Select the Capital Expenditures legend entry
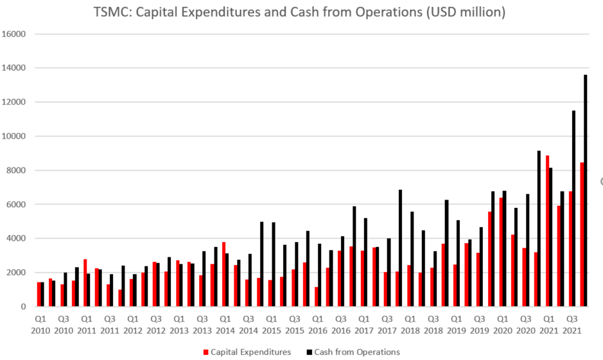pos(250,352)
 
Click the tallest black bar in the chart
pos(586,193)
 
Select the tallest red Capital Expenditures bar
pos(547,231)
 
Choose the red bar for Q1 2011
pos(85,283)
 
